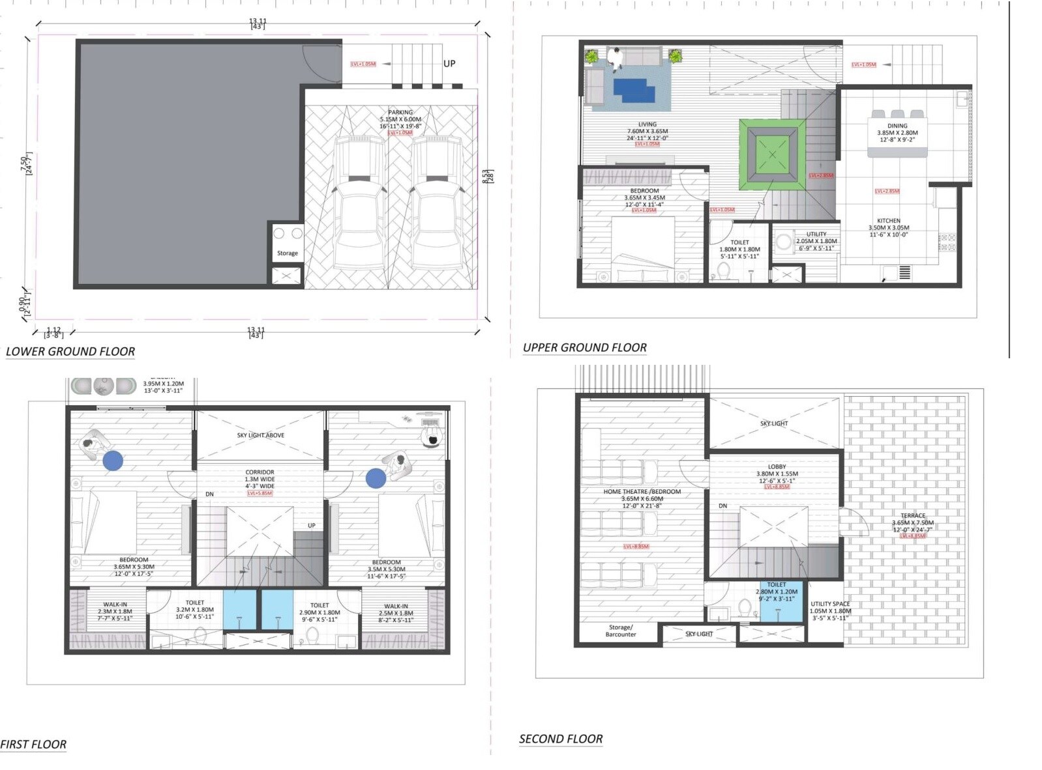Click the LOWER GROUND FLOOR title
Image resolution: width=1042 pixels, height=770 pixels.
click(x=70, y=352)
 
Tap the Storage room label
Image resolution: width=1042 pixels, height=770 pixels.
click(x=287, y=253)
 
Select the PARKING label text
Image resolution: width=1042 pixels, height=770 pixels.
click(x=400, y=113)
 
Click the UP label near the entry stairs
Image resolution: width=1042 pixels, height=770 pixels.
click(x=449, y=63)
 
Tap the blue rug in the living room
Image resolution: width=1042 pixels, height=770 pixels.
click(x=634, y=90)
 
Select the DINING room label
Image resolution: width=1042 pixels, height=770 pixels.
click(x=897, y=126)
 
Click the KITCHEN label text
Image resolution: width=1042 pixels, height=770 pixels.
click(x=888, y=221)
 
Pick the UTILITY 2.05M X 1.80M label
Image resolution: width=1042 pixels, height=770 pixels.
click(x=816, y=241)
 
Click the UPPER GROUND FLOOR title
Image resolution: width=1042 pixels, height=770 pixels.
click(x=585, y=348)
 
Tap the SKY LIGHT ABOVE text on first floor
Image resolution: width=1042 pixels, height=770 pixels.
click(x=260, y=435)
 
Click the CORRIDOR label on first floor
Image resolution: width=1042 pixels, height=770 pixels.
click(x=260, y=472)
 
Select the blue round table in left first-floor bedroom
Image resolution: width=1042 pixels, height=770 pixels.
click(x=113, y=461)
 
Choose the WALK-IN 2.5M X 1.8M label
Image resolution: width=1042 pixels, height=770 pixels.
click(x=396, y=613)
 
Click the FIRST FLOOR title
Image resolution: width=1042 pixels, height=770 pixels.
click(x=34, y=745)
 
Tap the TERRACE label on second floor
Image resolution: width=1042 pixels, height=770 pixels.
click(x=913, y=515)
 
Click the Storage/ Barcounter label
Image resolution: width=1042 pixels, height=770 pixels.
click(x=620, y=631)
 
